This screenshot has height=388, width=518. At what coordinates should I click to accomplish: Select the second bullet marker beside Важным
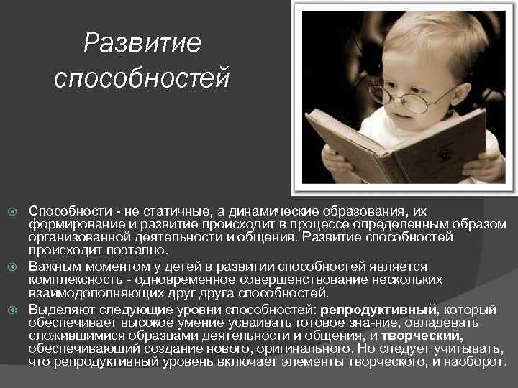click(11, 267)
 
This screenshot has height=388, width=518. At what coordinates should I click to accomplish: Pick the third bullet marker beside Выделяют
click(11, 310)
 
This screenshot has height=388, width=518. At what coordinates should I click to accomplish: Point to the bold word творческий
click(422, 336)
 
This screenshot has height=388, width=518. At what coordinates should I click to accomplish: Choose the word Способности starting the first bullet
click(68, 211)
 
